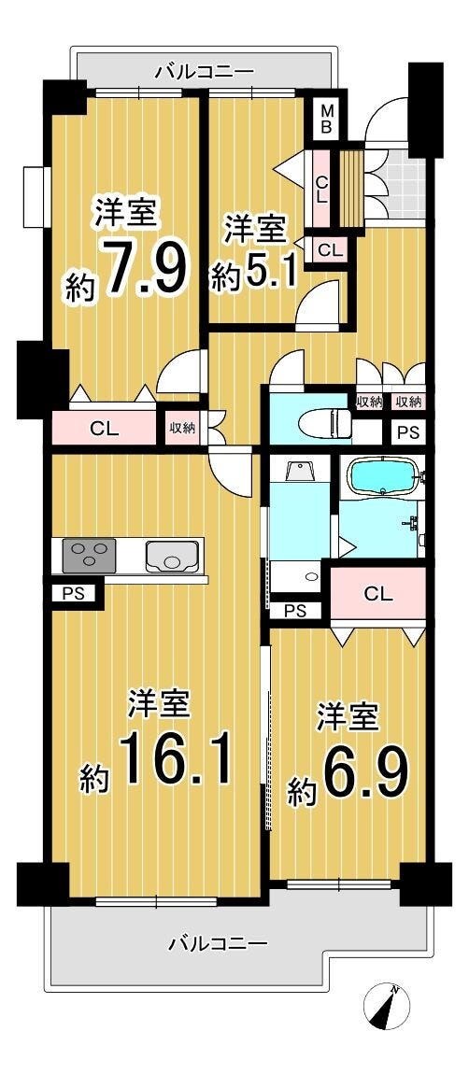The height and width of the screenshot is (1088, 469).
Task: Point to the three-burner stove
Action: (89, 556)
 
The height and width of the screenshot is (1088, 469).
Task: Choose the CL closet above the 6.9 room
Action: (378, 594)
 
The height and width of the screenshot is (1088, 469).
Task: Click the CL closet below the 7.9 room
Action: (105, 428)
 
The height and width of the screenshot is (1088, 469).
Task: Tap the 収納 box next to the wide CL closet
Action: (183, 428)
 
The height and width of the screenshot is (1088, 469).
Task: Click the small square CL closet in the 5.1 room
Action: (331, 249)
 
